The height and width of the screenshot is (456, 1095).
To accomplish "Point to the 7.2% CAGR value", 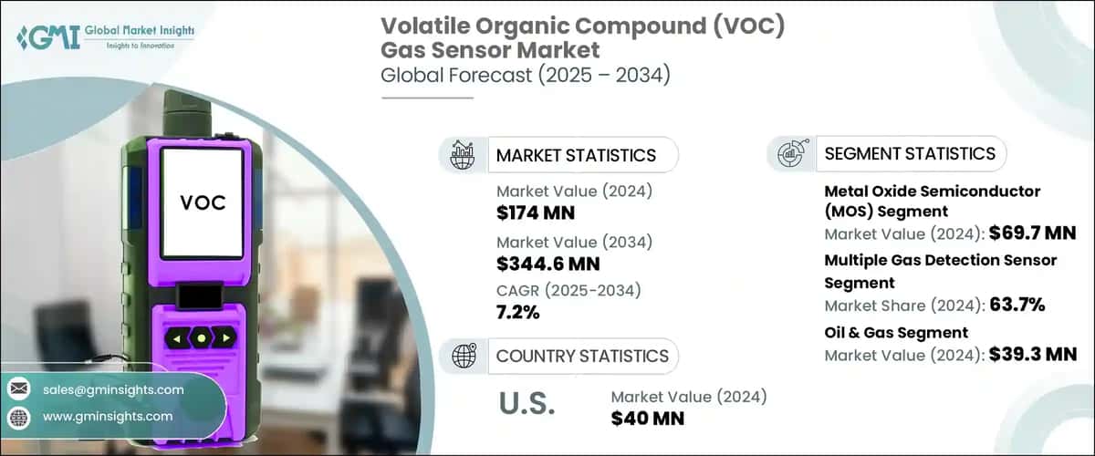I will [x=517, y=313].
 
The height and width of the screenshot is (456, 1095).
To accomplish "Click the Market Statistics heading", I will [x=576, y=155].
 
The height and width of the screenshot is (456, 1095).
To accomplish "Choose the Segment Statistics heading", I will [x=910, y=153].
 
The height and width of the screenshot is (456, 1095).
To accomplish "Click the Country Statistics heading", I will [x=582, y=356].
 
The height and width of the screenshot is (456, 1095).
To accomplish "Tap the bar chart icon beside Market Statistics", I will [x=462, y=154].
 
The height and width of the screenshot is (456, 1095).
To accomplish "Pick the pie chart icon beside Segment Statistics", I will [x=789, y=153].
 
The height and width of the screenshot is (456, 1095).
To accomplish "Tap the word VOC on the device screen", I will [x=202, y=201].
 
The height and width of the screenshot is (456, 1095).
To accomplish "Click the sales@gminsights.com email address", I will [x=113, y=389].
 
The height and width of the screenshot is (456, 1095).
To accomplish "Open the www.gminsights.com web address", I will [x=108, y=417].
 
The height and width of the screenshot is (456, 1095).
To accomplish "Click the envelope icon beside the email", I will [x=18, y=389].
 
